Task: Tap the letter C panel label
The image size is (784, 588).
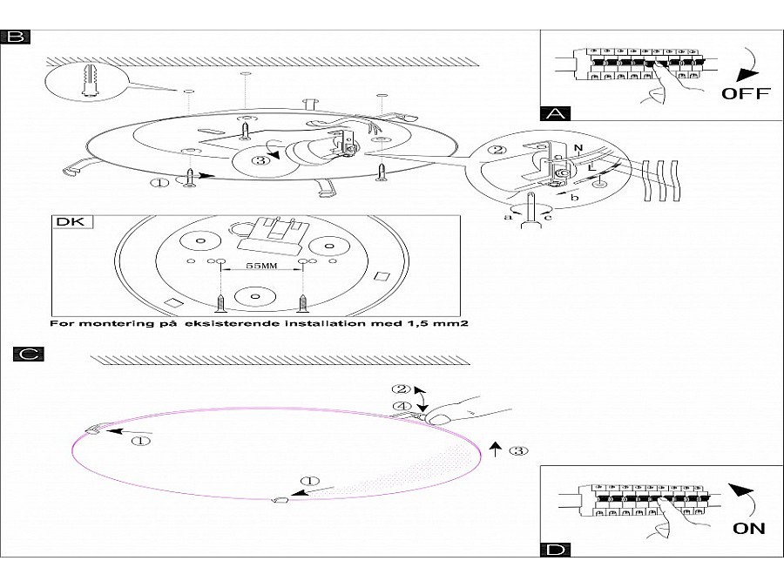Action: pos(29,354)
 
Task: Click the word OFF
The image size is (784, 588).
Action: pos(746,94)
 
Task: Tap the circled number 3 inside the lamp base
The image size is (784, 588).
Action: pos(259,159)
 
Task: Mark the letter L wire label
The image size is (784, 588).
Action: pos(591,165)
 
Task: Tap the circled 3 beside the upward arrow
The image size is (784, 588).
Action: pos(517,451)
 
